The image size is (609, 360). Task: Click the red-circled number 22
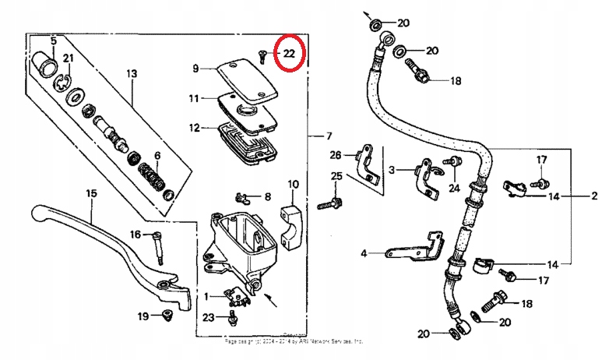[x=289, y=54]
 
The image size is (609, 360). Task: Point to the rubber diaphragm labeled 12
[x=245, y=140]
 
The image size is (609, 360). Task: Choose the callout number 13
[x=131, y=74]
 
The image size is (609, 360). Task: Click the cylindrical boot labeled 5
[x=46, y=64]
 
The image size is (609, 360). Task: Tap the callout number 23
[x=207, y=317]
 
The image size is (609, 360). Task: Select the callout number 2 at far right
[x=593, y=196]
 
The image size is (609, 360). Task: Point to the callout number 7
[x=328, y=136]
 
